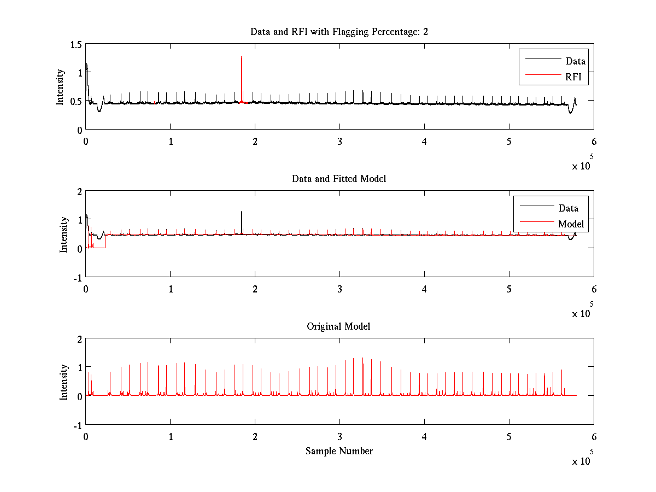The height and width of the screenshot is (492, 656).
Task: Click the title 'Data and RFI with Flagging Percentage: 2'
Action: tap(339, 32)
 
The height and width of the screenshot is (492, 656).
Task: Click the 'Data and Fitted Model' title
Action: tap(339, 179)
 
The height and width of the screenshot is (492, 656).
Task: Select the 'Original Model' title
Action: tap(338, 326)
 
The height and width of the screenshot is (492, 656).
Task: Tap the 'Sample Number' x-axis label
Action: tap(339, 451)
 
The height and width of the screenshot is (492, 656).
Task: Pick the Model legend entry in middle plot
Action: tap(571, 224)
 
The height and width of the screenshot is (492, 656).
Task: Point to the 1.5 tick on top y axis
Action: tap(76, 44)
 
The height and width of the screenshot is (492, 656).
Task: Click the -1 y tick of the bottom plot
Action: tap(77, 425)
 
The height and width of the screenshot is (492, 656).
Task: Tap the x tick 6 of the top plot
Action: tap(594, 141)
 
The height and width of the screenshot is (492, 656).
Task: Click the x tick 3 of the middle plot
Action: tap(339, 289)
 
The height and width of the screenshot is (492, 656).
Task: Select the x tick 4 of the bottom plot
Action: tap(424, 437)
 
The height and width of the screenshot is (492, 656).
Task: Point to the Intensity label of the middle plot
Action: tap(63, 234)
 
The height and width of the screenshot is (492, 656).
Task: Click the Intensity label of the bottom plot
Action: tap(63, 382)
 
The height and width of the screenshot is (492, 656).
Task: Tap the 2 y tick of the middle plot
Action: tap(79, 191)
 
